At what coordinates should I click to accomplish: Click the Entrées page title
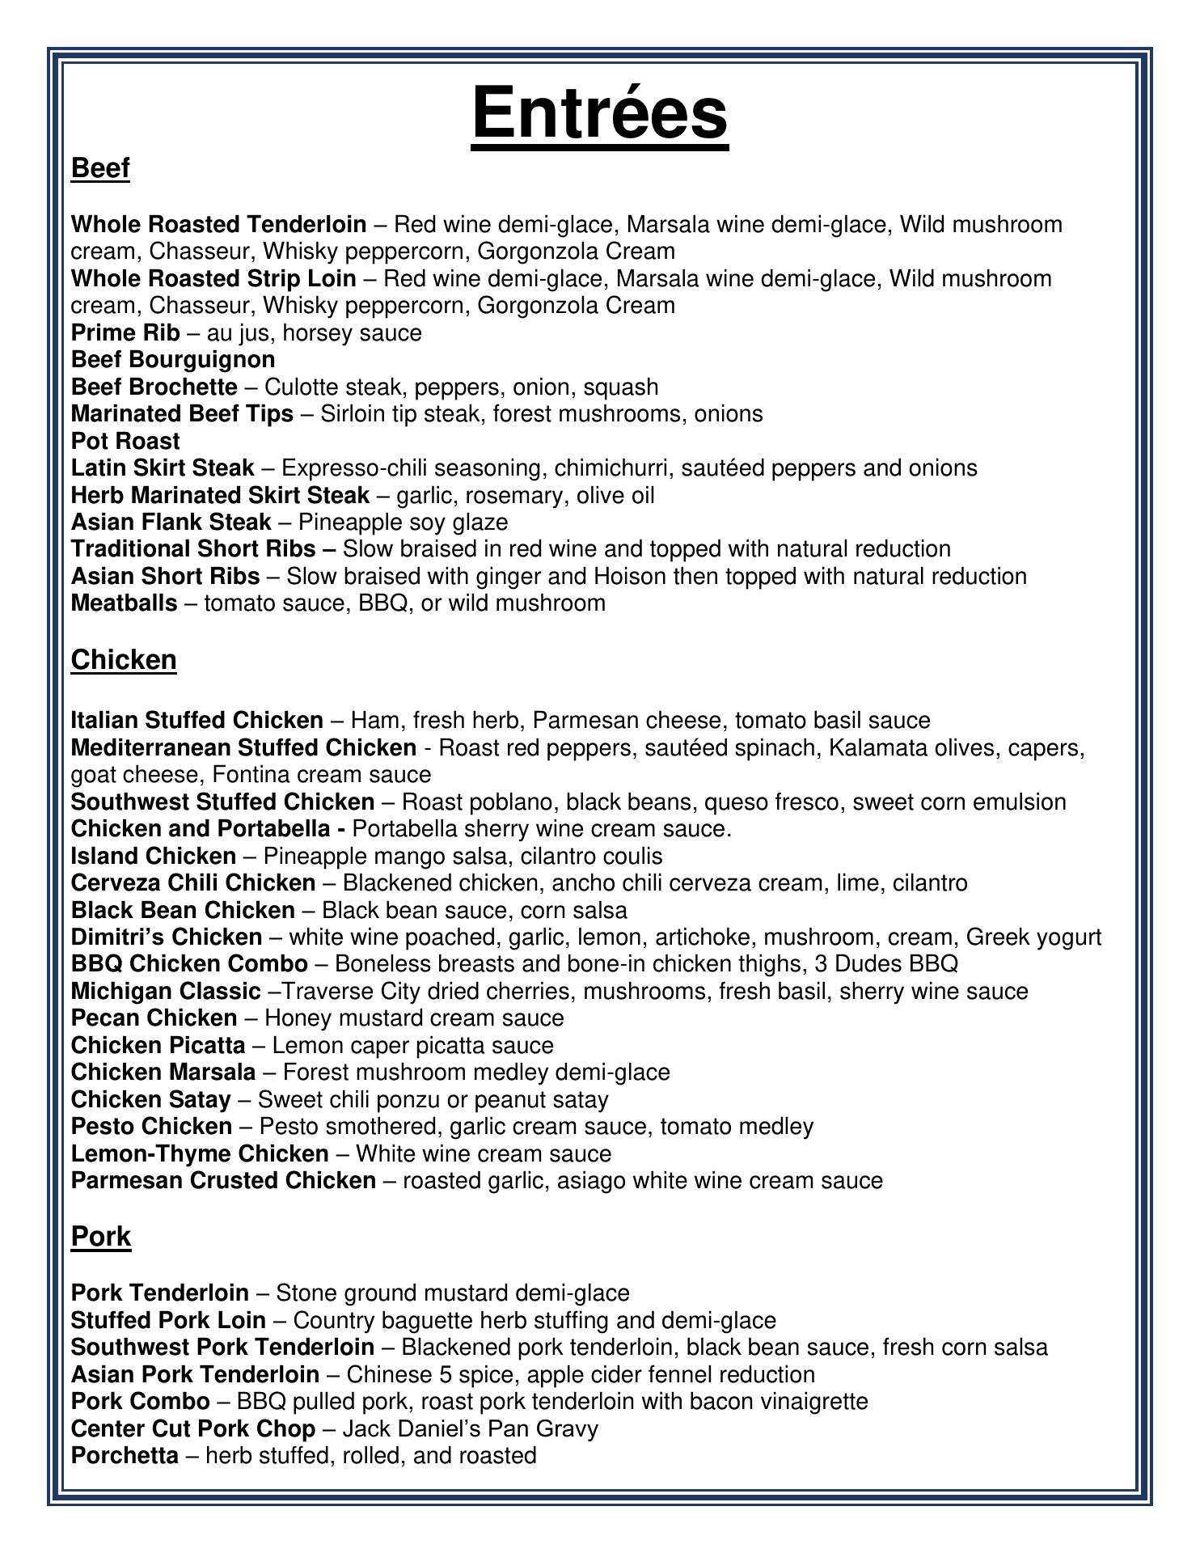coord(599,114)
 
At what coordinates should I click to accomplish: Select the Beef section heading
coord(100,168)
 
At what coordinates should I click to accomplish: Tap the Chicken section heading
coord(124,660)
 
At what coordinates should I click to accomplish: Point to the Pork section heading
coord(101,1236)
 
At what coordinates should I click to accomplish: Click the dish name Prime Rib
coord(125,332)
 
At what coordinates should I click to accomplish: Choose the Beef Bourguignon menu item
coord(173,359)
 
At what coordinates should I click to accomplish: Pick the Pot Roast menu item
coord(125,441)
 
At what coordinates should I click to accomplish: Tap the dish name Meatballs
coord(124,603)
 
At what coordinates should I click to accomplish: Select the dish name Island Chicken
coord(154,856)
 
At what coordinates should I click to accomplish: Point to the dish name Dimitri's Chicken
coord(167,937)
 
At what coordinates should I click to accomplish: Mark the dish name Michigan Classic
coord(166,992)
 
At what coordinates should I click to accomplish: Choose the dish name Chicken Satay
coord(151,1100)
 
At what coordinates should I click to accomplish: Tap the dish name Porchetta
coord(125,1456)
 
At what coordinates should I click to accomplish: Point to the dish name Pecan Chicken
coord(154,1018)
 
